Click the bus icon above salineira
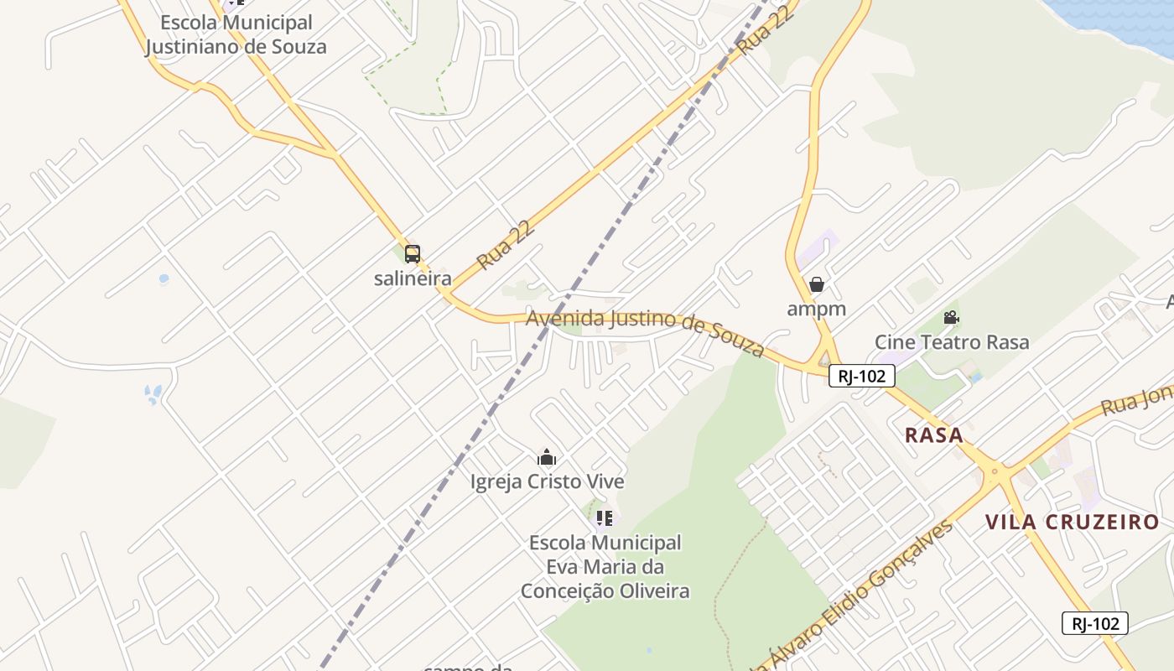coord(412,254)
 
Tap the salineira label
coord(413,279)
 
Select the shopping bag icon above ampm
coord(817,284)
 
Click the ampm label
coord(816,309)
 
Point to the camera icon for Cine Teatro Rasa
coord(951,318)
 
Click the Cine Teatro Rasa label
coord(952,342)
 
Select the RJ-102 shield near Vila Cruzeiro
coord(1094,623)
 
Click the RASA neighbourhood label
coord(934,435)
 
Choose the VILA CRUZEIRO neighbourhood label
coord(1072,523)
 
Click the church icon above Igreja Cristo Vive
coord(547,457)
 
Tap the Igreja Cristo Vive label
coord(547,482)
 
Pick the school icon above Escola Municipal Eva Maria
coord(605,518)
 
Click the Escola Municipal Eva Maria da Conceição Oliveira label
coord(605,567)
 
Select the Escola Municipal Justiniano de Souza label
coord(236,34)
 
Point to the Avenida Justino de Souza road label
coord(645,330)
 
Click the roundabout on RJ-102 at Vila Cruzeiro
coord(995,473)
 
